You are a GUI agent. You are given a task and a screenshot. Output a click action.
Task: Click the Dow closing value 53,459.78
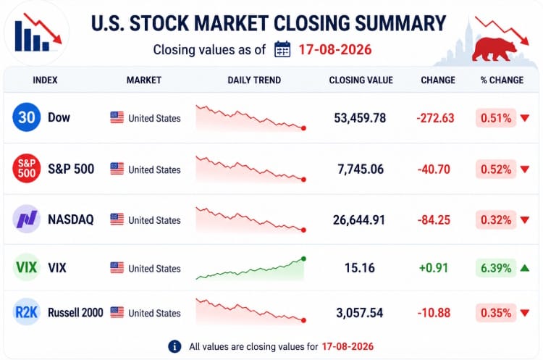(360, 118)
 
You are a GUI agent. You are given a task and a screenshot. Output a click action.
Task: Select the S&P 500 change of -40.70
(434, 169)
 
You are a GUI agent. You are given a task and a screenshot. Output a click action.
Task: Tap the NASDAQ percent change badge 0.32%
(496, 219)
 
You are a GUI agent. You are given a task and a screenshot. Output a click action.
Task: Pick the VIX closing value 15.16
(360, 268)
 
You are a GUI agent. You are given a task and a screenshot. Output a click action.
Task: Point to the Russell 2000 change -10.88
(434, 313)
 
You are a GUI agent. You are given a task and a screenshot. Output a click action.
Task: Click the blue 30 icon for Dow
(26, 117)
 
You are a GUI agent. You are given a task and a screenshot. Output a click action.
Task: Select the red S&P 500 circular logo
(26, 168)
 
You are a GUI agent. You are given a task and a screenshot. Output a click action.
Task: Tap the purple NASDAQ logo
(26, 219)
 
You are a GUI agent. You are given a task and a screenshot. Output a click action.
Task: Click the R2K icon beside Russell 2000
(26, 312)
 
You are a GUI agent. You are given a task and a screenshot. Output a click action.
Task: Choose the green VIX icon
(26, 267)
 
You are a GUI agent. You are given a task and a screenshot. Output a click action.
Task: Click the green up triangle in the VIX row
(525, 268)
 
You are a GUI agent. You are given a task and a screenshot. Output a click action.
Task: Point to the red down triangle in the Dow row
(525, 118)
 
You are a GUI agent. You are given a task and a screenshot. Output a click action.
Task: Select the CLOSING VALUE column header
(361, 80)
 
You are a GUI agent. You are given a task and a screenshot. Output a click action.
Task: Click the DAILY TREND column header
(254, 80)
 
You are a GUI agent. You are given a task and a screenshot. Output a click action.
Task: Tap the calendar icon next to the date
(282, 49)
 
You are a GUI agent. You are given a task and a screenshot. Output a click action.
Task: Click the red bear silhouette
(494, 49)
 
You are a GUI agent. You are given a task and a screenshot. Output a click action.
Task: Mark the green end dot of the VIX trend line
(303, 259)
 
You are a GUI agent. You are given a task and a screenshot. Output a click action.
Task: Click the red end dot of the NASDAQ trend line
(303, 230)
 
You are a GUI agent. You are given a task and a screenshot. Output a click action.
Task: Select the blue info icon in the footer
(174, 346)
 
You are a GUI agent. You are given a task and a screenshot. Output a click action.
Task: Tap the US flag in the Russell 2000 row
(117, 312)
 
